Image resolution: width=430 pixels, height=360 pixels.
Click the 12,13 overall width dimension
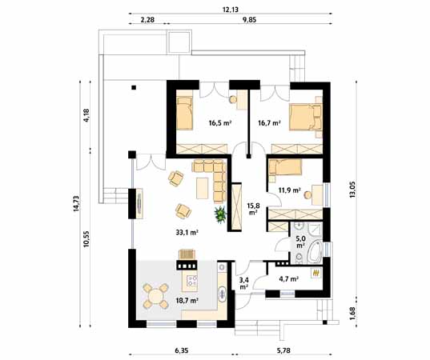[231, 10]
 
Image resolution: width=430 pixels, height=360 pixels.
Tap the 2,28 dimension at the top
[147, 20]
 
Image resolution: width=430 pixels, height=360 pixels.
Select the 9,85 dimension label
[249, 20]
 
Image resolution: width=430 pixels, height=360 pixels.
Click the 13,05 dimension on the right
[352, 190]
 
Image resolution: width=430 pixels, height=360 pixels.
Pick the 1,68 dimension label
[352, 313]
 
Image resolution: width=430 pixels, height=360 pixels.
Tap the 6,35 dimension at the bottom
[181, 350]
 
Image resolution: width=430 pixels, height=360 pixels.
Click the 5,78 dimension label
[283, 350]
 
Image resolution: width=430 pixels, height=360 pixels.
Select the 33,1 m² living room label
[187, 233]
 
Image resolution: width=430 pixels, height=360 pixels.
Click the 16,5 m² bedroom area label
[220, 123]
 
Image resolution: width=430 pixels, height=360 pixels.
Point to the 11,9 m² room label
[290, 190]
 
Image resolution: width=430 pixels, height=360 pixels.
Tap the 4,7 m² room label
[288, 279]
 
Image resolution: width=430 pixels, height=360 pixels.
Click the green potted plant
[220, 214]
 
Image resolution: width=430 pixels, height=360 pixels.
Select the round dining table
[155, 296]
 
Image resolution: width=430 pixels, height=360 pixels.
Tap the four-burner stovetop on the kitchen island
[192, 280]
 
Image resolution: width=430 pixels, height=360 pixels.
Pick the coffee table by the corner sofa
[203, 188]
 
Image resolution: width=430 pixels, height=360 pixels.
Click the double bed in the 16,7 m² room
[305, 117]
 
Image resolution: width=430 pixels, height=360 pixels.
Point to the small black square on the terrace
[134, 88]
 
